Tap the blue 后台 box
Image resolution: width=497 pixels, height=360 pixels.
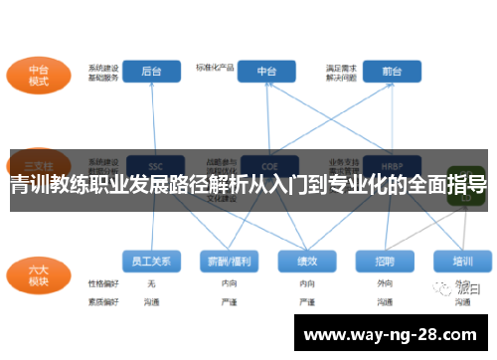[x=152, y=71]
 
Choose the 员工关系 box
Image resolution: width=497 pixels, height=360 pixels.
[x=151, y=262]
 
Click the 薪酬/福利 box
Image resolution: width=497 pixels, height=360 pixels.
[x=229, y=262]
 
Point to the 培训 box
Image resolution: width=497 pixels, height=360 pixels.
[x=462, y=262]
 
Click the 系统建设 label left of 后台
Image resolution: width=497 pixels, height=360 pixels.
[x=102, y=67]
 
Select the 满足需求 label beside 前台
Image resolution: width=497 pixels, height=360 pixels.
[x=340, y=67]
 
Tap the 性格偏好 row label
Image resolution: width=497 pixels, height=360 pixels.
[x=102, y=283]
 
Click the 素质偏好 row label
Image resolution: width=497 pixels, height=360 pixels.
[x=102, y=299]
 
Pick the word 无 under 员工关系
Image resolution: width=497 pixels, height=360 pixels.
[x=151, y=283]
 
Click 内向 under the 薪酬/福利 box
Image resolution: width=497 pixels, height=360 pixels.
[x=229, y=283]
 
